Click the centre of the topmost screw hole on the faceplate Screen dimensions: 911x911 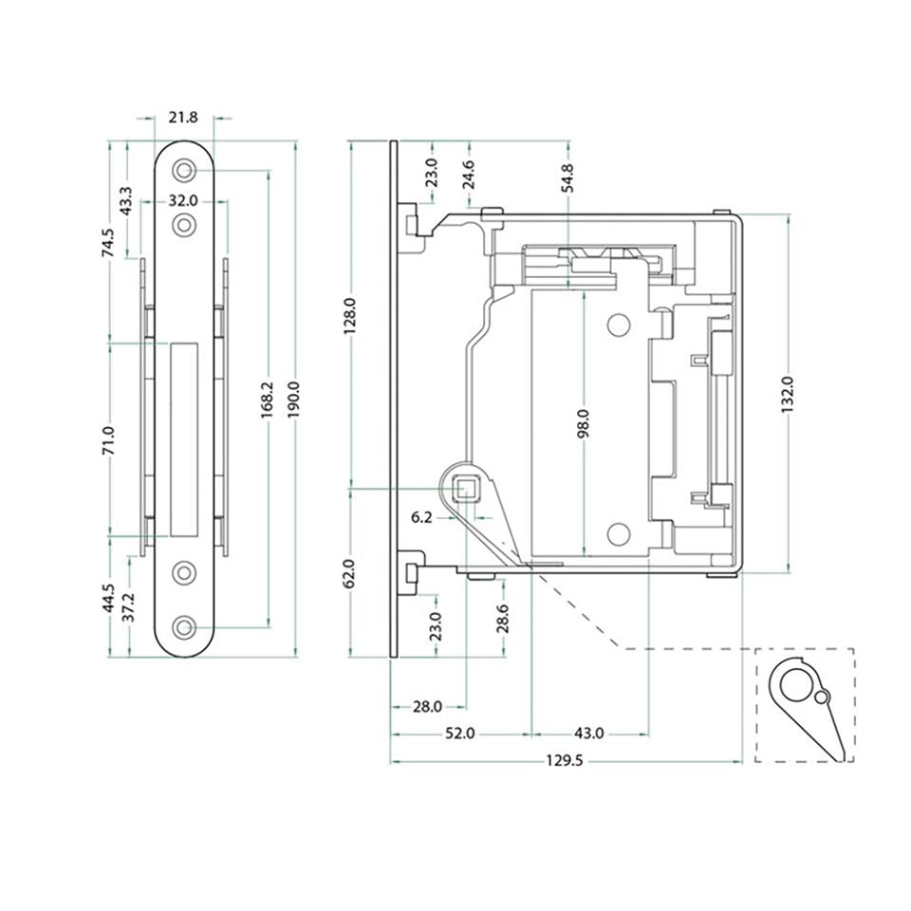click(x=183, y=170)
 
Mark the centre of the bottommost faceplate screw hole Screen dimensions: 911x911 click(x=183, y=627)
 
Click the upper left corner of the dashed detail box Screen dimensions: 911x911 click(x=755, y=649)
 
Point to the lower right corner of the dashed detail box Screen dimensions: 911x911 click(x=853, y=762)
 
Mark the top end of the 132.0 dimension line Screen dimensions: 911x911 click(x=788, y=215)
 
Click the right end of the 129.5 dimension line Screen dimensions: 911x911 click(x=742, y=760)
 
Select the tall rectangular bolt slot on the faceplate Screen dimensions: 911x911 click(x=184, y=439)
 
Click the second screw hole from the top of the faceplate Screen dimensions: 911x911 click(x=183, y=224)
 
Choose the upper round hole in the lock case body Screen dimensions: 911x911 click(x=619, y=325)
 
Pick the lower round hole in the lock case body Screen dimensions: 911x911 click(x=619, y=534)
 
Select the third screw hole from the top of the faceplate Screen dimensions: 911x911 click(x=183, y=573)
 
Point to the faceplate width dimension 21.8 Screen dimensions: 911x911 click(x=183, y=118)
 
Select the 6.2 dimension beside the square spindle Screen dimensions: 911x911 click(x=421, y=517)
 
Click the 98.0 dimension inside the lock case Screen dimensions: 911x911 click(x=584, y=422)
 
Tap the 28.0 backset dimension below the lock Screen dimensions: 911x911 click(x=428, y=706)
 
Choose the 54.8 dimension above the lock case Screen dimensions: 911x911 click(x=567, y=177)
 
